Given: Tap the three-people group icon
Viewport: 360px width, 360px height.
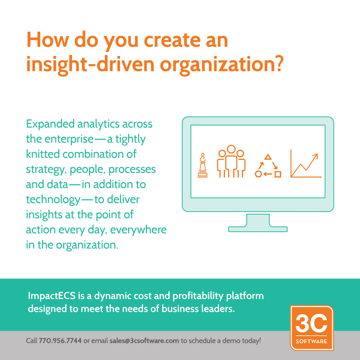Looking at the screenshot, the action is [x=231, y=161].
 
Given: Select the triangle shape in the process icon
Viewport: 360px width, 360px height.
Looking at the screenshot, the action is [x=268, y=157].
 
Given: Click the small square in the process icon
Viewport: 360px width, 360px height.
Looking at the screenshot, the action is [x=278, y=174].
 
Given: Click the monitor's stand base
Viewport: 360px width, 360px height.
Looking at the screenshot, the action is [x=258, y=229].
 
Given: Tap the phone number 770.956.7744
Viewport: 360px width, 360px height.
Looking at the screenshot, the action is [x=60, y=340].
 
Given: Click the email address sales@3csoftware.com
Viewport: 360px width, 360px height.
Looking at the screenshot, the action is [x=144, y=340].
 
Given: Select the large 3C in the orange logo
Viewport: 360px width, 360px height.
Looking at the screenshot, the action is [x=311, y=323].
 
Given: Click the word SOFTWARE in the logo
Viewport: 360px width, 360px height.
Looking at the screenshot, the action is [x=311, y=341].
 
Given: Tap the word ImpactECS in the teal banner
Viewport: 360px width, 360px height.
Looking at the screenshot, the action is [x=52, y=296].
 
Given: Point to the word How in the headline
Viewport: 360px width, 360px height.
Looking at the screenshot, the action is [x=48, y=39].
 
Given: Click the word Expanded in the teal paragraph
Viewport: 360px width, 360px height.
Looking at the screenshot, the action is [x=50, y=124].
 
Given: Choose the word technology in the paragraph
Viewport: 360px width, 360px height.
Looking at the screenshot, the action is [x=53, y=200].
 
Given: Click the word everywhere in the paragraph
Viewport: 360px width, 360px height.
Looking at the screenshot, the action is [x=139, y=230].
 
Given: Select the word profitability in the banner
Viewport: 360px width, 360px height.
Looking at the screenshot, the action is [x=198, y=296].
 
